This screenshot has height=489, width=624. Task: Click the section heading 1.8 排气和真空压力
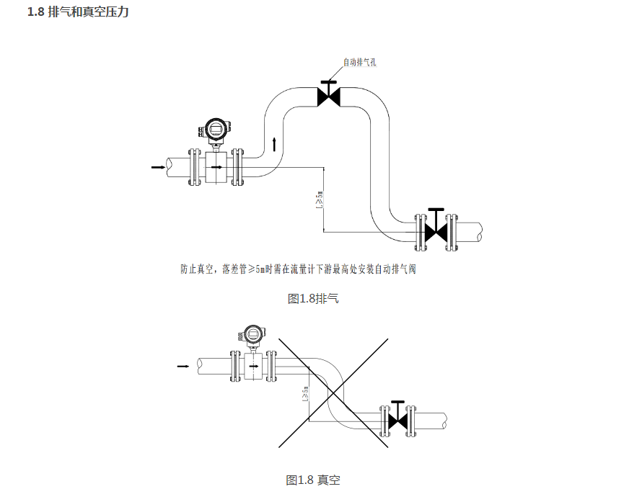point(77,13)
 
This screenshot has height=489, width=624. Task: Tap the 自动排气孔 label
point(359,63)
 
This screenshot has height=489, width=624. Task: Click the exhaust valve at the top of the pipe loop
point(329,95)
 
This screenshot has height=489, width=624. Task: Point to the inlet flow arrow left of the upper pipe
point(157,167)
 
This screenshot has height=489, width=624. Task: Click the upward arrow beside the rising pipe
point(274,143)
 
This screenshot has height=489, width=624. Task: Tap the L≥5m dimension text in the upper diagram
point(319,200)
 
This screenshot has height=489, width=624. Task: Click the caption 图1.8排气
point(312,298)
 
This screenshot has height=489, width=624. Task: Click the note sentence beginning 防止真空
point(299,270)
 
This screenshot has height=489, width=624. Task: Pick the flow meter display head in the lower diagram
point(252,334)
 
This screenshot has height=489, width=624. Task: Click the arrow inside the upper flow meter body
point(216,166)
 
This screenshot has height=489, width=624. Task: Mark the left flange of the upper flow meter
point(193,166)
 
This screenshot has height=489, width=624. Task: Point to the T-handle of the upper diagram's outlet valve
point(436,210)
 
